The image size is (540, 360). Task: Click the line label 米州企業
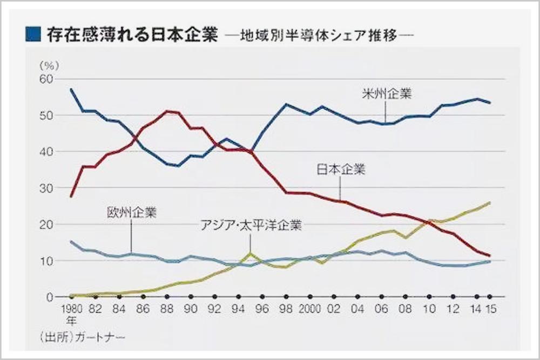(386, 94)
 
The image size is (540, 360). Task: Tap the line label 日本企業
(341, 169)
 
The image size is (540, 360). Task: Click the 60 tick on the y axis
(47, 79)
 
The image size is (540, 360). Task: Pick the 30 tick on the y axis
(47, 188)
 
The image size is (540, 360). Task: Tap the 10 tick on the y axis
(47, 261)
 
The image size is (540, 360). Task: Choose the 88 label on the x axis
(167, 311)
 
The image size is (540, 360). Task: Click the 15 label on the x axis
(490, 311)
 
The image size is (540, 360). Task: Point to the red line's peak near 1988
(167, 111)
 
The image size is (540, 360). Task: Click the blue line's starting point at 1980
(71, 89)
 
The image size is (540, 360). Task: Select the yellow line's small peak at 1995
(250, 253)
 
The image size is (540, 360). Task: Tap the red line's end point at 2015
(490, 256)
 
